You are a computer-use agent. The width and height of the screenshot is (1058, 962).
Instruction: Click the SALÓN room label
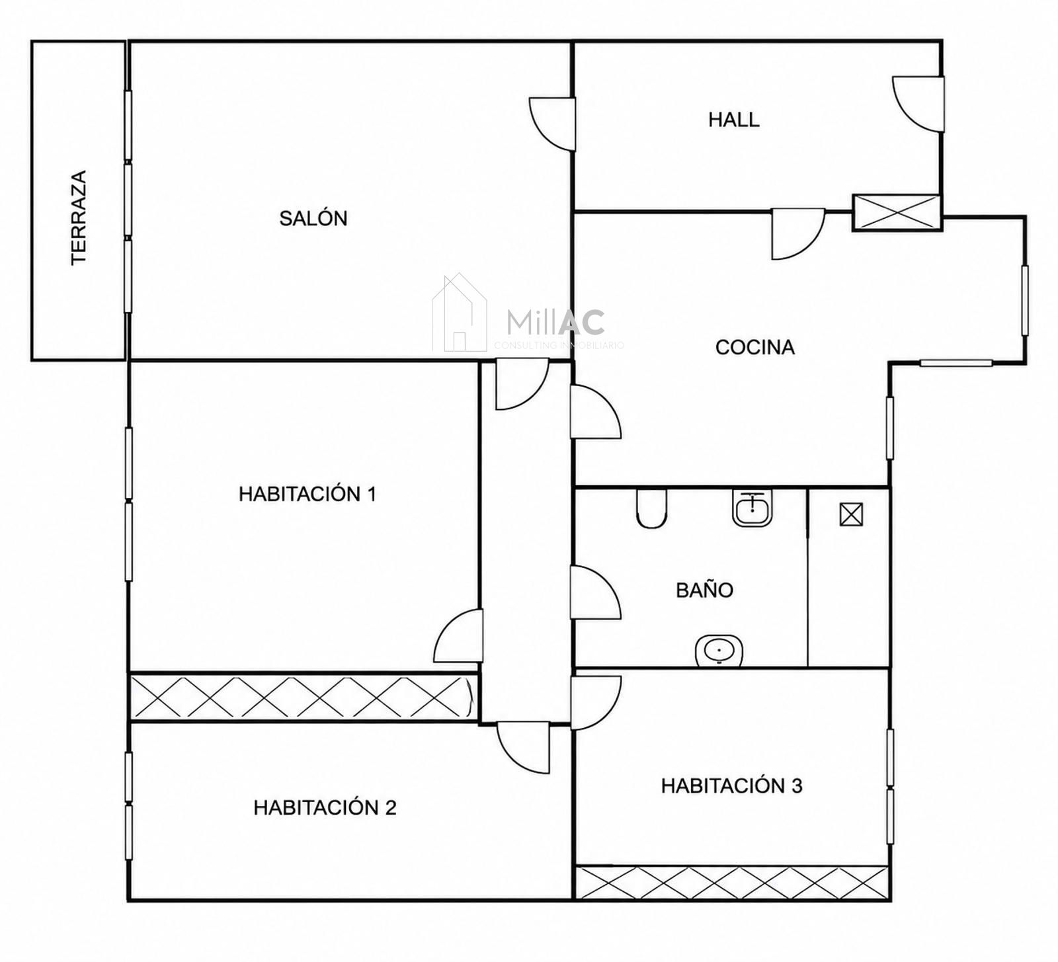click(x=313, y=218)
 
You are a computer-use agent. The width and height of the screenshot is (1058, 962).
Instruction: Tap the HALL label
click(x=734, y=120)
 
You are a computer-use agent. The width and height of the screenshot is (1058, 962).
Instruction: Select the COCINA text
click(x=755, y=347)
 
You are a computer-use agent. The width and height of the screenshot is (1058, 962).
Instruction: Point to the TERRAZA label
click(x=79, y=218)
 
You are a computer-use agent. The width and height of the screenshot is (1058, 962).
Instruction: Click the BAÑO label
click(x=705, y=590)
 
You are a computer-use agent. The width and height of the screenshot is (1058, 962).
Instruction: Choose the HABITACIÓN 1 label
click(x=307, y=494)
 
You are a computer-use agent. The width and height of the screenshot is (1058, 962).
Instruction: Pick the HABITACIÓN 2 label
click(x=325, y=807)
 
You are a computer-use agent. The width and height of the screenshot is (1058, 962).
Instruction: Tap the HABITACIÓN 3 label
click(x=732, y=785)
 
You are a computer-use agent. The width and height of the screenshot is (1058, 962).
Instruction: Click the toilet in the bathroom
click(x=652, y=508)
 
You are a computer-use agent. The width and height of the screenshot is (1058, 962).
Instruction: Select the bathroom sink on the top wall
click(x=753, y=508)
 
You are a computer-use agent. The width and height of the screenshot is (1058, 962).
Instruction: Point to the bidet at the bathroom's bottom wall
click(x=719, y=651)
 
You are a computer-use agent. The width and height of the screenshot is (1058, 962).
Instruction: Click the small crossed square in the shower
click(x=851, y=514)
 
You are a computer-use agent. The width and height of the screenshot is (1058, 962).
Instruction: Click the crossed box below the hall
click(x=897, y=212)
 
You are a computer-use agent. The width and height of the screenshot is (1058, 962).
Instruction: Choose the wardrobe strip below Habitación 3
click(x=732, y=882)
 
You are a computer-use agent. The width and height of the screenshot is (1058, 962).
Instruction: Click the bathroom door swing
click(x=595, y=592)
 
